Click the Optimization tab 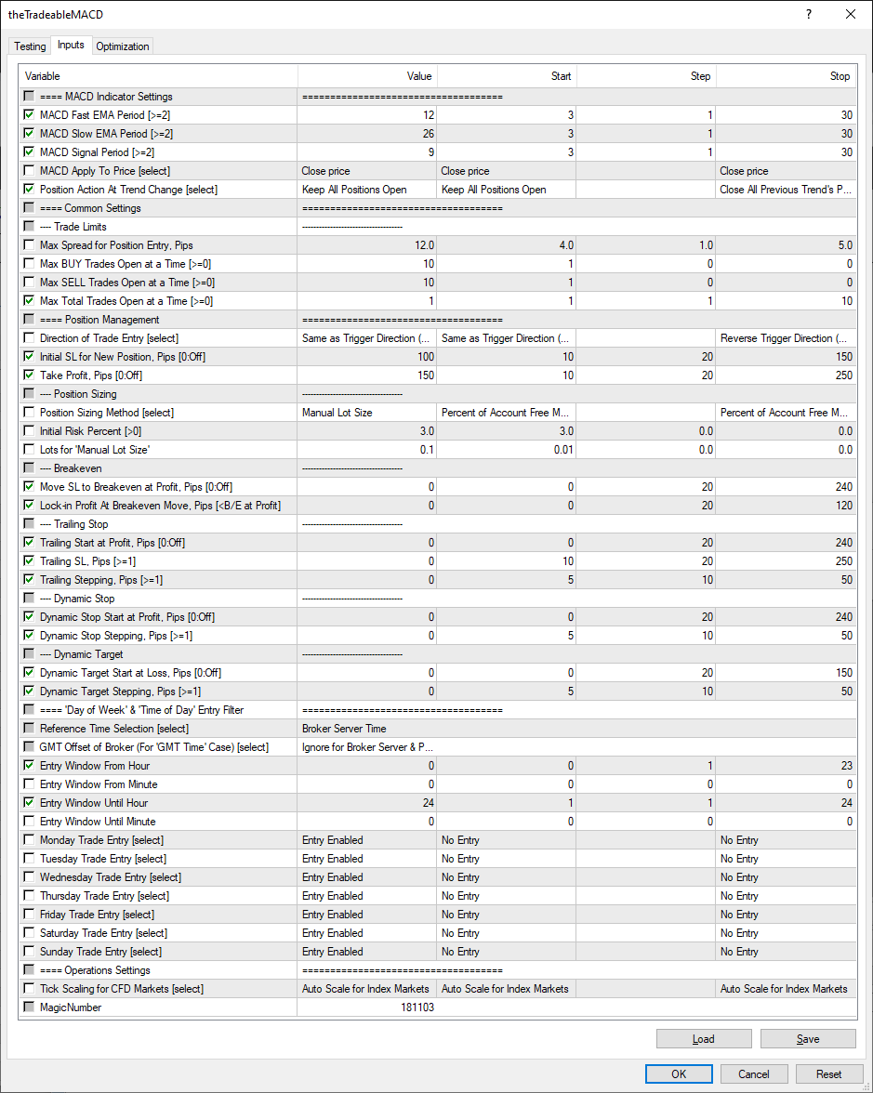123,46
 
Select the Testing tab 30,46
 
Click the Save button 807,1038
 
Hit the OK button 679,1073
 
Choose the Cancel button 754,1073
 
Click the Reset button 829,1073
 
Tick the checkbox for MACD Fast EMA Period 29,115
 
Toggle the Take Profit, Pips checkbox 29,375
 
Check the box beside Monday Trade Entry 29,840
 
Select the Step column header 700,76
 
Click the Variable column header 43,76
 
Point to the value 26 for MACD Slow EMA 427,134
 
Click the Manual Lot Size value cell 337,413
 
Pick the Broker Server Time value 344,729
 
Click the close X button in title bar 851,14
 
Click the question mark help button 808,14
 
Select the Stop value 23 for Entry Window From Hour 845,766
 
